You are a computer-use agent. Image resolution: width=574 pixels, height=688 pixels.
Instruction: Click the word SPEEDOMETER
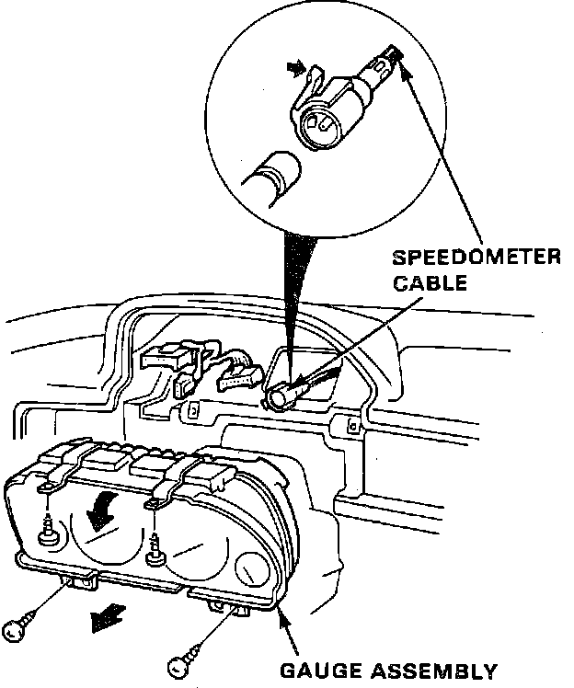pyautogui.click(x=476, y=257)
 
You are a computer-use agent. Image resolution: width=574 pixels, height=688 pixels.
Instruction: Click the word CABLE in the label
pyautogui.click(x=428, y=282)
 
